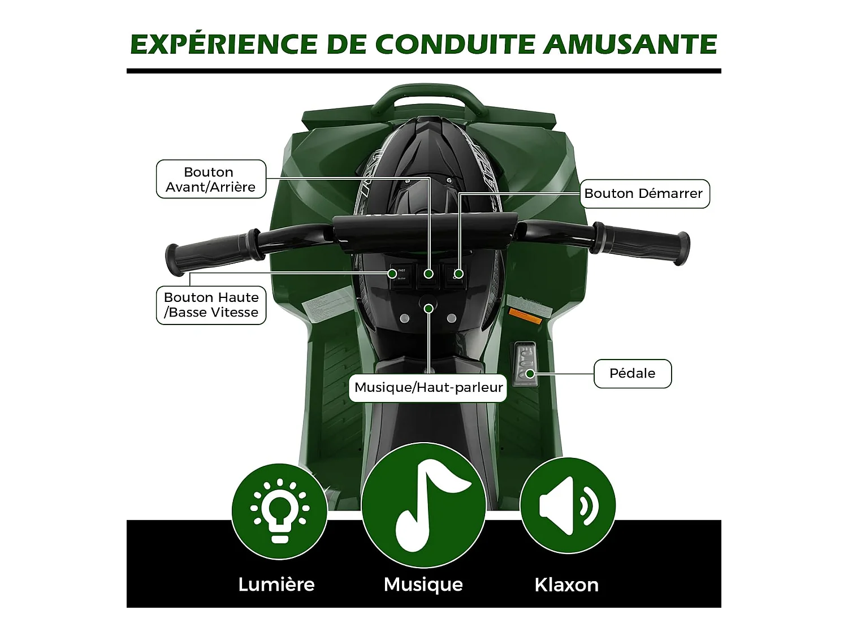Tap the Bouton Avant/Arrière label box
coord(211,179)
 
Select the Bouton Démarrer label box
coord(644,194)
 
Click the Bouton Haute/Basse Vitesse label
coord(211,305)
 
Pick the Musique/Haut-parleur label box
coord(428,388)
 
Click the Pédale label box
coord(632,374)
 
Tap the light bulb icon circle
coord(279,511)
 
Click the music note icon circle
coord(423,505)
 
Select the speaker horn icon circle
coord(567,505)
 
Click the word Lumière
coord(276,585)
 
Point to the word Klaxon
coord(566,585)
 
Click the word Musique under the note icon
coord(423,585)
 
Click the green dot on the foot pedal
coord(530,374)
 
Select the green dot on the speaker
coord(429,309)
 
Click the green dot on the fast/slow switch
coord(392,274)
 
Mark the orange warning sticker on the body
coord(525,316)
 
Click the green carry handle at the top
coord(428,96)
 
